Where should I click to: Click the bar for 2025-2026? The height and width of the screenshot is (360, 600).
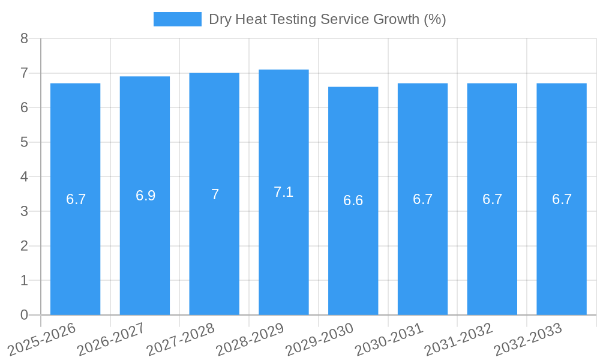(x=75, y=252)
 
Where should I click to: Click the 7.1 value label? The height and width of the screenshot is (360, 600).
(x=284, y=192)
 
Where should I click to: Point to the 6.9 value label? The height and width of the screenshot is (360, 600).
(x=145, y=196)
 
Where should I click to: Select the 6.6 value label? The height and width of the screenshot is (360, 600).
(x=353, y=200)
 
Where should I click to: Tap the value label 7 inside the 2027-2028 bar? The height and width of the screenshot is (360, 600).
(x=215, y=194)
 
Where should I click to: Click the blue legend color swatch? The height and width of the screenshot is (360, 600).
(x=177, y=19)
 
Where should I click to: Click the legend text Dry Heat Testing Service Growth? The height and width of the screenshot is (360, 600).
(x=327, y=19)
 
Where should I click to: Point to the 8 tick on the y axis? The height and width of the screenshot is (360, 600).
(x=24, y=38)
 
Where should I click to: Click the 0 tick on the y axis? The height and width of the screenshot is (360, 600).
(x=24, y=315)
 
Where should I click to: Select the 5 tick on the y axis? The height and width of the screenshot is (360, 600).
(x=24, y=142)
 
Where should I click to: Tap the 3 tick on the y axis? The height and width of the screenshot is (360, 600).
(x=24, y=211)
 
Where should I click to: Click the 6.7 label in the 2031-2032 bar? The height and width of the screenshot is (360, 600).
(x=492, y=199)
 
